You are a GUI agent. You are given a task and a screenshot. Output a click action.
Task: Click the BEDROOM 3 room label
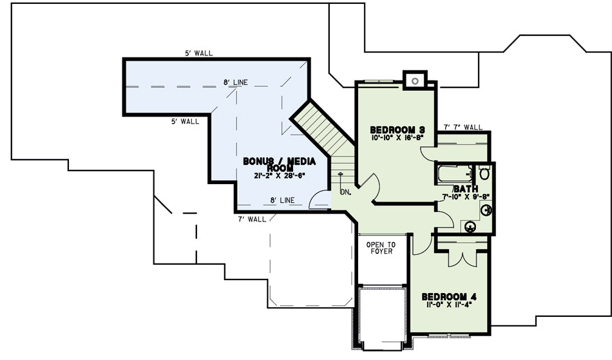397,130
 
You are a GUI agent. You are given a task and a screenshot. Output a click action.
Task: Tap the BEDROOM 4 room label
449,297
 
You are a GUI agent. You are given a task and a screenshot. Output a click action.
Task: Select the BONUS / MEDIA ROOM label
280,164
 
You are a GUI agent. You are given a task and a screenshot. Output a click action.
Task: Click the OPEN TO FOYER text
381,248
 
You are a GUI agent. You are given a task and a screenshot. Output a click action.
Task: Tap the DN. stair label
345,193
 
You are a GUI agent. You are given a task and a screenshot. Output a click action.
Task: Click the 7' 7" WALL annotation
463,127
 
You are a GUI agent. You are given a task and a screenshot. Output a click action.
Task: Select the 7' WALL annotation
252,219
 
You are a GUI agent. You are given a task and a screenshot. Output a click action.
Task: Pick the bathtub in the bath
455,174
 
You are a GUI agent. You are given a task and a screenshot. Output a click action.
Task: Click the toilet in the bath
484,173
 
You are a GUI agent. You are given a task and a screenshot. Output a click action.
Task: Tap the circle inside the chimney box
415,81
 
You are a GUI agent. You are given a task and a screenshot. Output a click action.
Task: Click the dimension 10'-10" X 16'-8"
397,138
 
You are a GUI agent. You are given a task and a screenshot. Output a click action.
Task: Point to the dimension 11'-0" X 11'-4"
449,305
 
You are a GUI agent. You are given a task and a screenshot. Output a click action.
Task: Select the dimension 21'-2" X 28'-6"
279,176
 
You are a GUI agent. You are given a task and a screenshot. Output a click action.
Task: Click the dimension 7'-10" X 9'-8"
466,196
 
